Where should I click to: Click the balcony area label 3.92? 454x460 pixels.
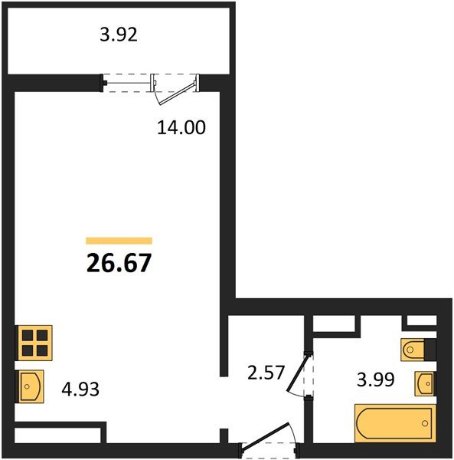coord(119,34)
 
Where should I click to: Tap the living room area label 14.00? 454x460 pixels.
coord(181,127)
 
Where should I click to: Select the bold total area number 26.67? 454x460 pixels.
coord(119,263)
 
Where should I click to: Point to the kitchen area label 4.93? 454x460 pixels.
coord(80,389)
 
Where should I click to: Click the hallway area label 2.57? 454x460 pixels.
coord(266,373)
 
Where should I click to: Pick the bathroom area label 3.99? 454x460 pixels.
coord(376,379)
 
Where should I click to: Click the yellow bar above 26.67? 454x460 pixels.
coord(119,241)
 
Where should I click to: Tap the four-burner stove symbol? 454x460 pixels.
coord(34,343)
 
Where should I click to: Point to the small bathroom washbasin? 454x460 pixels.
coord(425,383)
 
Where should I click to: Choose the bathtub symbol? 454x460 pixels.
coord(395,423)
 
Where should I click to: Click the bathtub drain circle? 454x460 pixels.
coord(425,423)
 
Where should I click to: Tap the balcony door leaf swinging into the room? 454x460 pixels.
coord(177,94)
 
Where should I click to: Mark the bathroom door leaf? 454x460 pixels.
coord(297,373)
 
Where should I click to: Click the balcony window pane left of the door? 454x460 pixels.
coord(127,84)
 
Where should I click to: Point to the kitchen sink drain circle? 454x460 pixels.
coord(27,386)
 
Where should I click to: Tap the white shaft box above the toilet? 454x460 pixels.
coord(422,320)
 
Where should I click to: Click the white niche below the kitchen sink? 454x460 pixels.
coord(57,435)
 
